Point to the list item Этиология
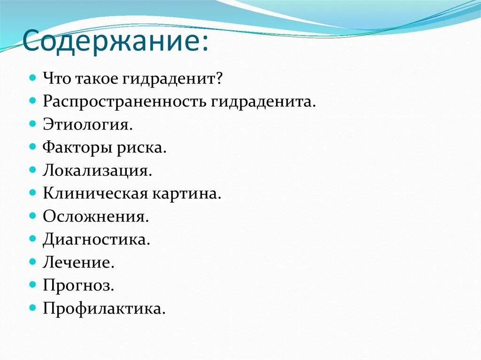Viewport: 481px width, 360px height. tap(88, 124)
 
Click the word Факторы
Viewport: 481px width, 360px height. tap(73, 147)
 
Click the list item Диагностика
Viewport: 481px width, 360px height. tap(96, 239)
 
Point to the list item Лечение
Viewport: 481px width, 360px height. tap(78, 262)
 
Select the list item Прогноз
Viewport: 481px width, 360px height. tap(78, 285)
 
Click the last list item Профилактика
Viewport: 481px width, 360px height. tap(104, 308)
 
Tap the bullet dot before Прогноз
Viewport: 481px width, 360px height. tap(32, 284)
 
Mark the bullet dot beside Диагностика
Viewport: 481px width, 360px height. tap(32, 238)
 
